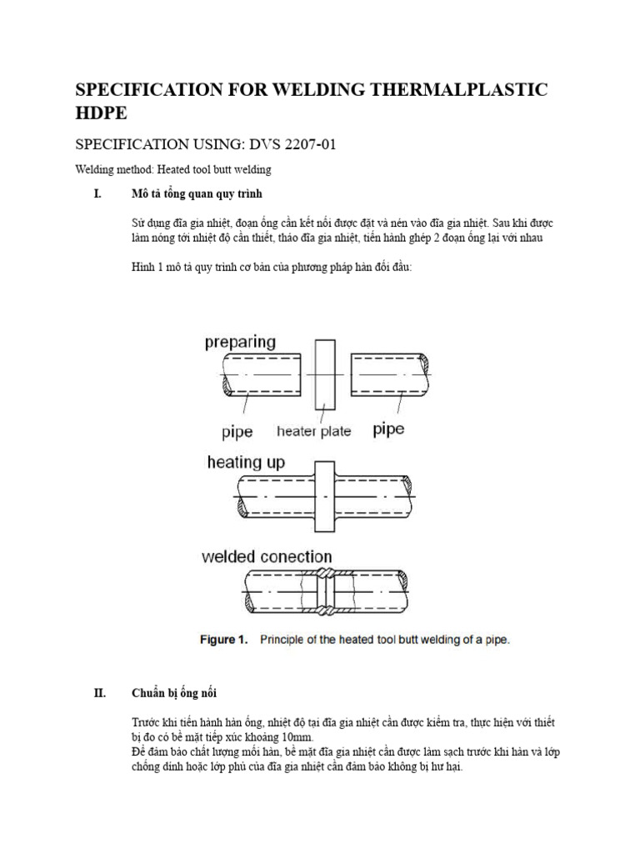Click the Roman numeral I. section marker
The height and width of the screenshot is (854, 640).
point(97,194)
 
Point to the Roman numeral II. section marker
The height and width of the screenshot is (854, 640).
point(98,692)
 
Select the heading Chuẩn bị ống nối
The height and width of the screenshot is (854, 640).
point(175,692)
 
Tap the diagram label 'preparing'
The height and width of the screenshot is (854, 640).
point(240,342)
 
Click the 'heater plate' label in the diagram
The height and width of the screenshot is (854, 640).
point(313,431)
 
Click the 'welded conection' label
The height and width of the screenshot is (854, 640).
point(267,556)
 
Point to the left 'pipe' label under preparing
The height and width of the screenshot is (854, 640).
point(237,431)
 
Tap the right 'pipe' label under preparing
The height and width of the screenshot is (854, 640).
point(388,430)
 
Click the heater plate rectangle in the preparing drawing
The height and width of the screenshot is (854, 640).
point(324,375)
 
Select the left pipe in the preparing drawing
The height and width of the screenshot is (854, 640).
point(262,374)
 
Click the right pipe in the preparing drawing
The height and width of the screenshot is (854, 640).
point(390,374)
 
